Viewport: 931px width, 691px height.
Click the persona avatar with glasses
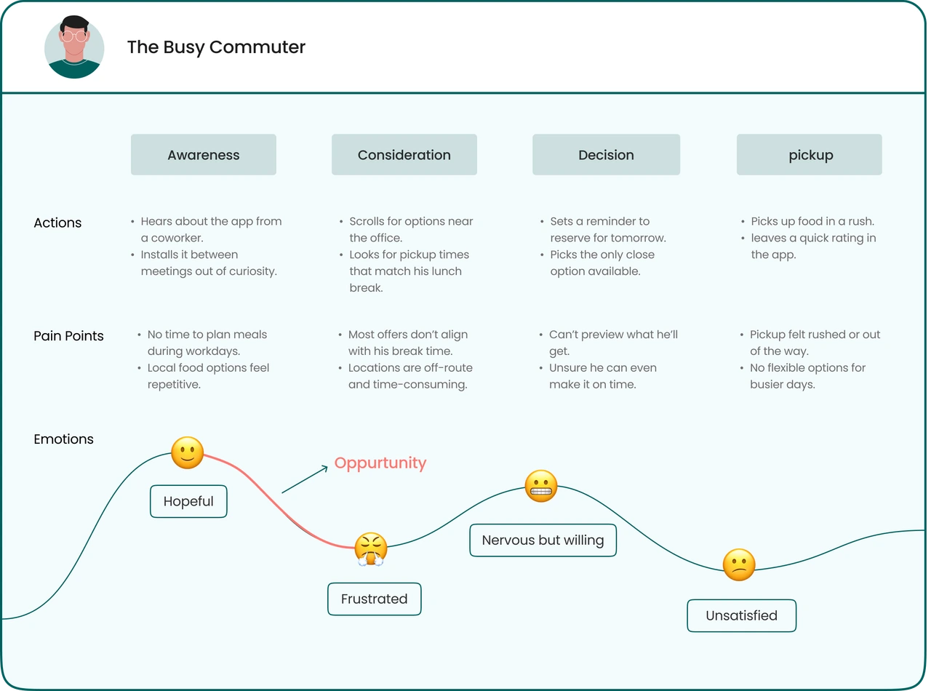[74, 48]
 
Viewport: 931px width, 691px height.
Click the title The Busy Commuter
[216, 47]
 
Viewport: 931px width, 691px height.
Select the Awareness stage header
[204, 155]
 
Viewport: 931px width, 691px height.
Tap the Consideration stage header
[404, 155]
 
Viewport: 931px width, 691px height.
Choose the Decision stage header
[606, 155]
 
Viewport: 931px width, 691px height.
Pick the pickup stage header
[810, 155]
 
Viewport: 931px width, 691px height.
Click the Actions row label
[57, 223]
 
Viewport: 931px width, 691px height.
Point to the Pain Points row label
[68, 336]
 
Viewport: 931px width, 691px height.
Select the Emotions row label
[63, 439]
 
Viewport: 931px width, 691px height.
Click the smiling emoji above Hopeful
[188, 453]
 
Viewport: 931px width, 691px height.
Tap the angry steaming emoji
[371, 549]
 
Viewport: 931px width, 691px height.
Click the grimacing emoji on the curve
[541, 486]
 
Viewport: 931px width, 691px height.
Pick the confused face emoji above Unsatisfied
[739, 564]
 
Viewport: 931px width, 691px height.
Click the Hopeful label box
[188, 502]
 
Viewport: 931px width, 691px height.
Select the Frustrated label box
[375, 599]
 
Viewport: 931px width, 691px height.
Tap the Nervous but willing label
[543, 540]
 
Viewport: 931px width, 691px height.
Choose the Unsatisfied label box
[741, 615]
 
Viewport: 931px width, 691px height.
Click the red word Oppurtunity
[380, 463]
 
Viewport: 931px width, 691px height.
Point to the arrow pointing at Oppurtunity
[305, 479]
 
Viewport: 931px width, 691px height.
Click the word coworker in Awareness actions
[177, 238]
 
